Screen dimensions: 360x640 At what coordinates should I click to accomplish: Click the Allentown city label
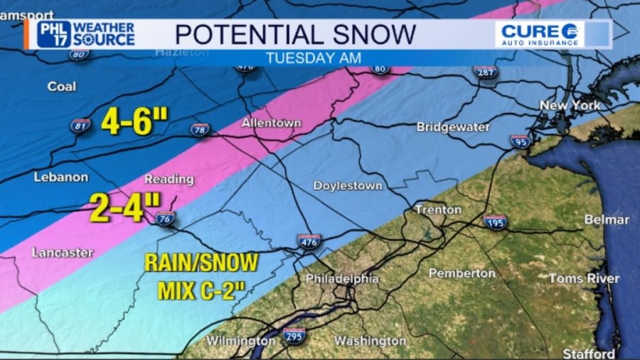pyautogui.click(x=271, y=123)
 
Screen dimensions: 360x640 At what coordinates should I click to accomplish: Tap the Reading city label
pyautogui.click(x=169, y=179)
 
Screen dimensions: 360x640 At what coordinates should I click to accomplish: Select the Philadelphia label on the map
pyautogui.click(x=342, y=279)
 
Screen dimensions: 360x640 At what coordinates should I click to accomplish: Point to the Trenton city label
pyautogui.click(x=439, y=210)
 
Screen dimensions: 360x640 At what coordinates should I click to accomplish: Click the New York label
pyautogui.click(x=570, y=105)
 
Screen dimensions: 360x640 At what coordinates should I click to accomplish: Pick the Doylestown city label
pyautogui.click(x=348, y=186)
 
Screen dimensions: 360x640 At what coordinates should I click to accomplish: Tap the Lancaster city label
pyautogui.click(x=63, y=253)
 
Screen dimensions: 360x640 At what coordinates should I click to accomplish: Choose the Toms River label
pyautogui.click(x=584, y=278)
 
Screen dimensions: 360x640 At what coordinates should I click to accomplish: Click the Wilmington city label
pyautogui.click(x=240, y=341)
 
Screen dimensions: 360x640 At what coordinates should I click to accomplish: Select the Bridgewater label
pyautogui.click(x=453, y=127)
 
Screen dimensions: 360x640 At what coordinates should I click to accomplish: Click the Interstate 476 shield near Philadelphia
pyautogui.click(x=309, y=240)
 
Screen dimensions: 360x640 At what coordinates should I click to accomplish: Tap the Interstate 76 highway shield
pyautogui.click(x=165, y=218)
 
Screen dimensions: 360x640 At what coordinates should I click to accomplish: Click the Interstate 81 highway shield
pyautogui.click(x=81, y=126)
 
